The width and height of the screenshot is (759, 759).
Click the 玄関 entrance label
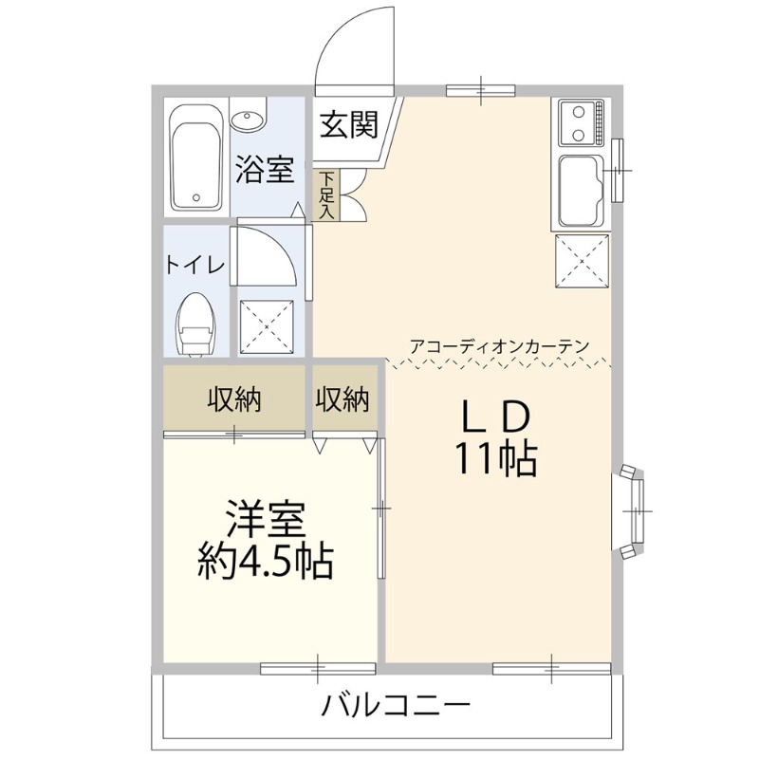[x=348, y=124]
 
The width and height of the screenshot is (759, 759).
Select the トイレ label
[x=195, y=265]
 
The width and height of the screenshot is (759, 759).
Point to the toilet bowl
[x=197, y=325]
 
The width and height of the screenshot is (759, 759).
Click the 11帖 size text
[x=494, y=460]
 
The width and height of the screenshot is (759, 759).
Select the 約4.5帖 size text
[x=265, y=563]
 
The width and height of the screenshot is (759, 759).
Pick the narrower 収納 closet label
[x=342, y=400]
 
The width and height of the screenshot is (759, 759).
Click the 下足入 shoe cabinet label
[x=326, y=195]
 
